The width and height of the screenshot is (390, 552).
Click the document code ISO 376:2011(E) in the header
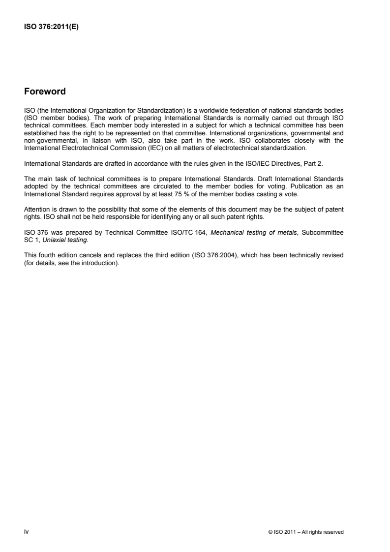pos(52,28)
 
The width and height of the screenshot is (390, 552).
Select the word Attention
pos(34,177)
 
